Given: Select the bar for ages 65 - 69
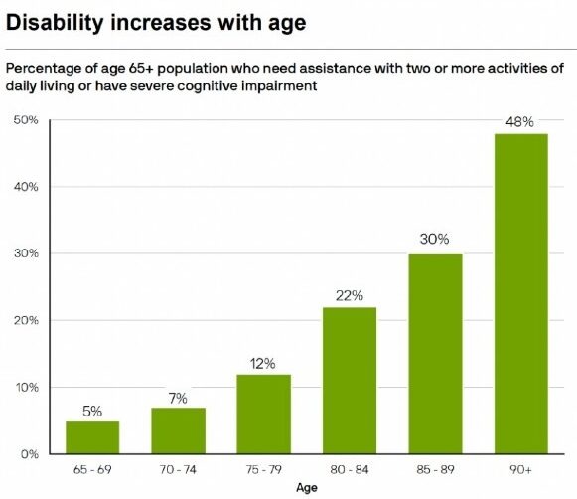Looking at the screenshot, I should pyautogui.click(x=91, y=437).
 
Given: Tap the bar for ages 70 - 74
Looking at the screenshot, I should pyautogui.click(x=178, y=430).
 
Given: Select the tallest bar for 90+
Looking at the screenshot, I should pyautogui.click(x=520, y=293).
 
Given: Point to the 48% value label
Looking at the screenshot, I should pyautogui.click(x=520, y=122).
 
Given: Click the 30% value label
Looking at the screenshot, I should pyautogui.click(x=434, y=240).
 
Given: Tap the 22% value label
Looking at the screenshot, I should pyautogui.click(x=349, y=295).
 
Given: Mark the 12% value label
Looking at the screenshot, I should pyautogui.click(x=263, y=362).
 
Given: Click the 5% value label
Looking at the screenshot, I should pyautogui.click(x=91, y=409).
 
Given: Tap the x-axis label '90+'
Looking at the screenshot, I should pyautogui.click(x=520, y=468).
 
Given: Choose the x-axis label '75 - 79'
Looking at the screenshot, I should pyautogui.click(x=263, y=468).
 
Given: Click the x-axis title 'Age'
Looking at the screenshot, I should pyautogui.click(x=306, y=488).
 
